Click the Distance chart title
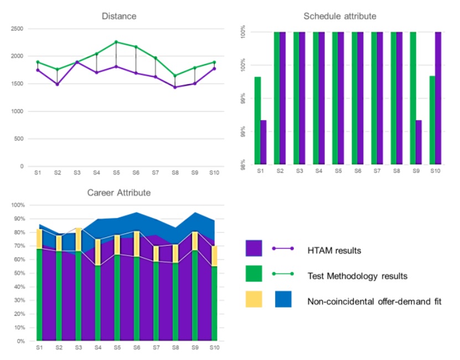(119, 16)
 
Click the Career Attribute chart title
(119, 193)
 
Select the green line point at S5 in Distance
(116, 42)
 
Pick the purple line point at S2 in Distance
(57, 84)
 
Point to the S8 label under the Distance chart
(175, 173)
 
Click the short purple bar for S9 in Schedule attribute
(418, 142)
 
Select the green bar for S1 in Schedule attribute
(257, 121)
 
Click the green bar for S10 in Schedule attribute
(432, 120)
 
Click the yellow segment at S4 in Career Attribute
(97, 252)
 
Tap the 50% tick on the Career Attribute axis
(18, 273)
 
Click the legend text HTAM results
(334, 251)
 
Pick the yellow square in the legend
(254, 299)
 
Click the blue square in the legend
(284, 299)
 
